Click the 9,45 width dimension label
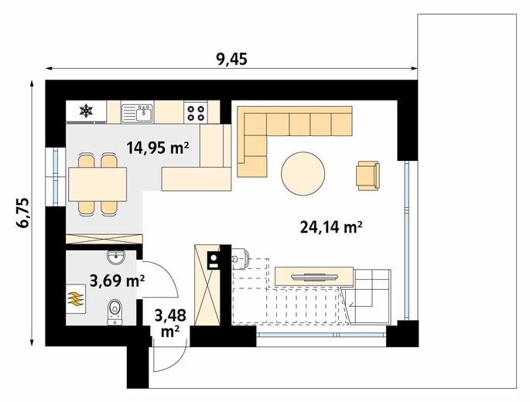(231, 59)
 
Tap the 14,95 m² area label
(157, 148)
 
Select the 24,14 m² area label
(331, 227)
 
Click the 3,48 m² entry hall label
(170, 323)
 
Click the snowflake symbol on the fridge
(86, 111)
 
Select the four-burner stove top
(196, 113)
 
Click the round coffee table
(303, 174)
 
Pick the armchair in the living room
(368, 175)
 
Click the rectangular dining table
(97, 184)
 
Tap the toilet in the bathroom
(115, 312)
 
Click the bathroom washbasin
(116, 257)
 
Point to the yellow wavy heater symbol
(75, 298)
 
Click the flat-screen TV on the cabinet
(314, 277)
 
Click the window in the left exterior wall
(56, 177)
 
